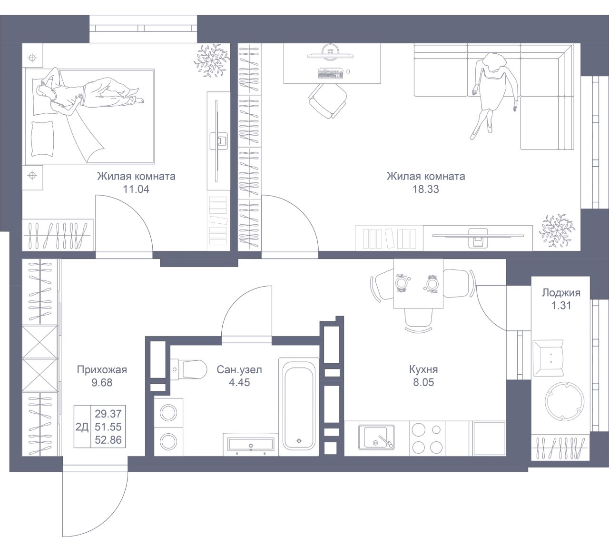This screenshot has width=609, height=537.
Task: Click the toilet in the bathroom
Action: tap(189, 369)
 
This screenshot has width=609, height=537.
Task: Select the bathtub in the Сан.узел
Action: tap(299, 407)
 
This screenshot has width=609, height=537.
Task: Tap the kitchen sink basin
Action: tap(376, 437)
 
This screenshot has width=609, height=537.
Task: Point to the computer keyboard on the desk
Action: tap(330, 74)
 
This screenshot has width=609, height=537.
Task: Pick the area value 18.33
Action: tap(426, 189)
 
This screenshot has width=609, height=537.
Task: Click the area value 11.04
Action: tap(136, 189)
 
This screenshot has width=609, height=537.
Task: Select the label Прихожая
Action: tap(102, 369)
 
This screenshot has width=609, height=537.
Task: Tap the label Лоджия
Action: tap(561, 293)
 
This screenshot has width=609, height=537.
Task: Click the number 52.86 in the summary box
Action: tap(108, 440)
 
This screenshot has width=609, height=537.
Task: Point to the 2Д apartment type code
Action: tap(82, 427)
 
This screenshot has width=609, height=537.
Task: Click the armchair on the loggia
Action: tap(548, 358)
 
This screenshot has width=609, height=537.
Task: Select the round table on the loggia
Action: tap(564, 401)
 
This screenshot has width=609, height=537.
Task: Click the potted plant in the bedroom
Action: tap(211, 60)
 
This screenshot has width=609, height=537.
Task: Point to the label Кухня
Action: tap(423, 369)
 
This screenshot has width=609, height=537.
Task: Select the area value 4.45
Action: tap(239, 382)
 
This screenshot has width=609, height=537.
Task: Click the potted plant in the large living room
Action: tap(557, 230)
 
